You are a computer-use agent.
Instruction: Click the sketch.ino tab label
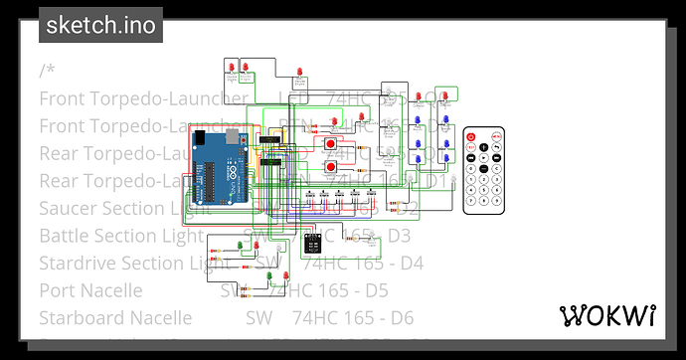coord(100,25)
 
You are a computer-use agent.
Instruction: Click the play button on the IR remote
coord(483,156)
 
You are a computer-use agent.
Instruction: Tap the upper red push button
coord(330,144)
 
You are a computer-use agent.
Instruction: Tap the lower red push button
coord(330,167)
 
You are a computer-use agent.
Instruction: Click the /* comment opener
coord(48,71)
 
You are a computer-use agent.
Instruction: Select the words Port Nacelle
coord(90,290)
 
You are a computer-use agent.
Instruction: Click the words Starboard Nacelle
coord(115,317)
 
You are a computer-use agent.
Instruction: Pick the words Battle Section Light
coord(111,236)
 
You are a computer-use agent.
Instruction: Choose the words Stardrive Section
coord(99,263)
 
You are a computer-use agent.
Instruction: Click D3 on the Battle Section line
coord(398,236)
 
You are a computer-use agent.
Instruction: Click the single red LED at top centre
coord(299,71)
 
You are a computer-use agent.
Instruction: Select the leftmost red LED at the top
coord(231,67)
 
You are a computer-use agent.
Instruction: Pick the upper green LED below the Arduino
coord(255,245)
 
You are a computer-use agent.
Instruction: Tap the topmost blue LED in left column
coord(419,119)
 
